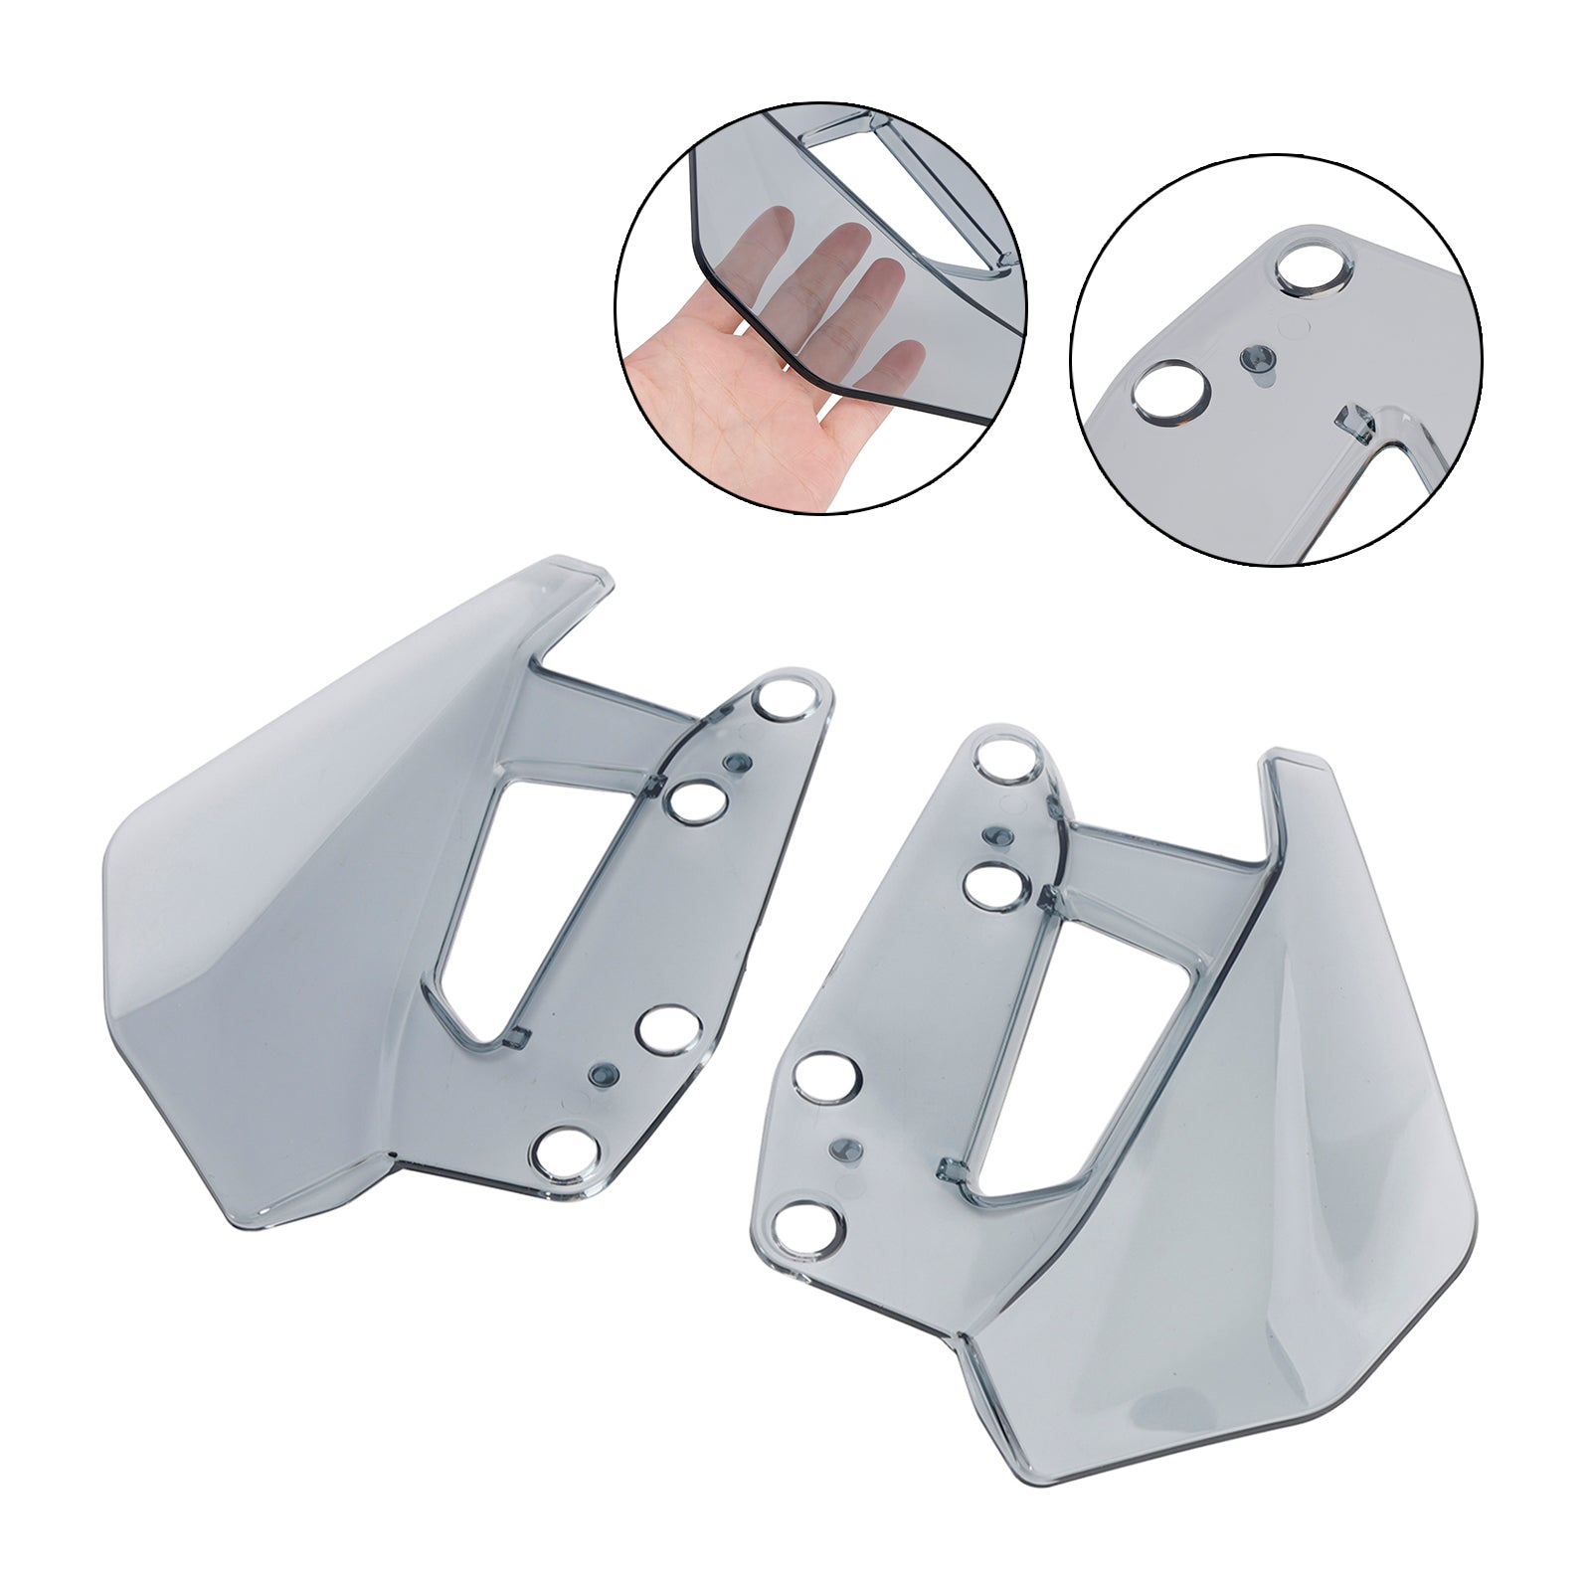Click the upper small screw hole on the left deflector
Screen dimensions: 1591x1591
click(739, 763)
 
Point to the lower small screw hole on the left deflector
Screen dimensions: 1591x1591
click(602, 1074)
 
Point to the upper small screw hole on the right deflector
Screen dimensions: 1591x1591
click(993, 836)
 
